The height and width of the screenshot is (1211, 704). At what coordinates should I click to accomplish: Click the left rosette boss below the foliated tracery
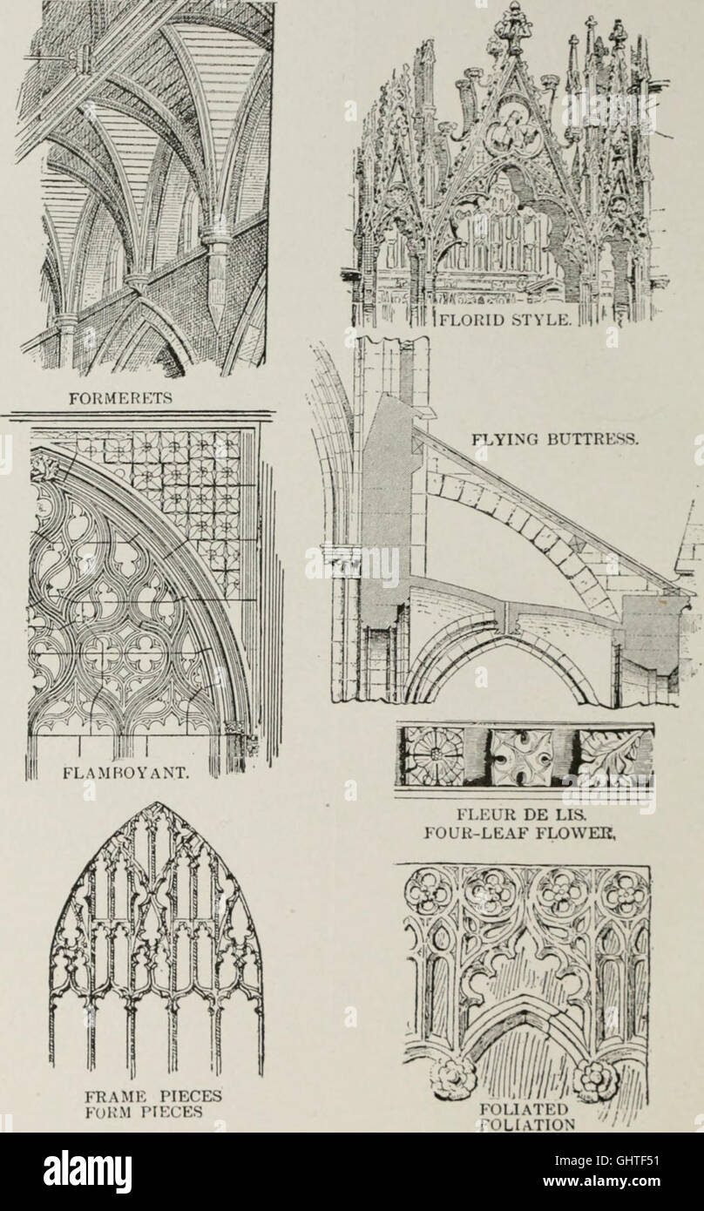(x=454, y=1079)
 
